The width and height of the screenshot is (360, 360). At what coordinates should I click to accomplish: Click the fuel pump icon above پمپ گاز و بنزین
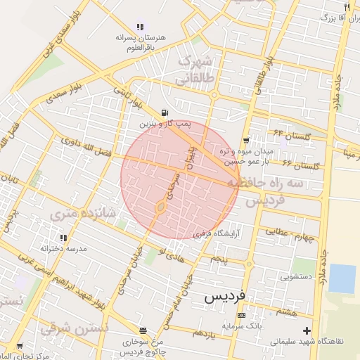(x=165, y=112)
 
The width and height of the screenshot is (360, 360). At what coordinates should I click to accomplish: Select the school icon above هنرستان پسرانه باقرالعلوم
(x=140, y=27)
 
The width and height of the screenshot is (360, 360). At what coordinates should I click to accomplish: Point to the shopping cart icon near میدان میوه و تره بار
(x=245, y=141)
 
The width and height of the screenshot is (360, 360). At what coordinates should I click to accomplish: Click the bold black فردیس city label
(x=225, y=297)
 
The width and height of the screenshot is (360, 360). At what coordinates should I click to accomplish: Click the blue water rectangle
(x=342, y=278)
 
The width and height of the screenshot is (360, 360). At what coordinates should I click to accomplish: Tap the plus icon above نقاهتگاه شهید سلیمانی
(x=306, y=330)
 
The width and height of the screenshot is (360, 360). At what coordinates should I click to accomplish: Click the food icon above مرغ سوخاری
(x=143, y=330)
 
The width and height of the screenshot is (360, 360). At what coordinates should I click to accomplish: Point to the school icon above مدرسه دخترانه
(x=64, y=237)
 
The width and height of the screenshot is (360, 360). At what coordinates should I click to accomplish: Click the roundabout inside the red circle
(x=161, y=207)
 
